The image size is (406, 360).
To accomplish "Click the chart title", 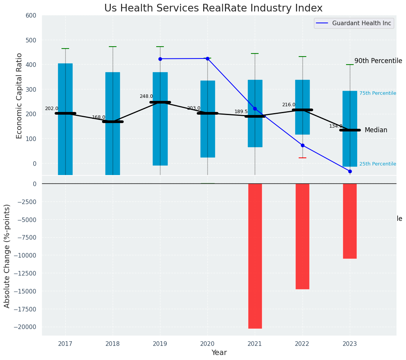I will (x=214, y=8).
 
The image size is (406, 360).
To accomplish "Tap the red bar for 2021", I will (x=255, y=256).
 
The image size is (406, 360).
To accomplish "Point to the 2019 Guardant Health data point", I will (x=160, y=59).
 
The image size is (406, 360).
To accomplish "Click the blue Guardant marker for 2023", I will (x=350, y=171).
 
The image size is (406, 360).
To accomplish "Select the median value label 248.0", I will (x=146, y=97).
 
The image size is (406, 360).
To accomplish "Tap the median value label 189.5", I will (x=241, y=112).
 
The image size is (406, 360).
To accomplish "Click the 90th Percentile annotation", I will (x=378, y=61).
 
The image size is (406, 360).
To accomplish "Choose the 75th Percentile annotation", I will (x=378, y=93).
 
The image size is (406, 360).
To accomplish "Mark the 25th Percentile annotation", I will (x=378, y=164).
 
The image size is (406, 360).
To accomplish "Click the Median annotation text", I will (x=376, y=130).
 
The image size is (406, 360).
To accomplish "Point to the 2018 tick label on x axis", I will (x=113, y=344).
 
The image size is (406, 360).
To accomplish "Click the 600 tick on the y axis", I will (x=31, y=16).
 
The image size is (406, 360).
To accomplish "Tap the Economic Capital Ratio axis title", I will (x=19, y=96).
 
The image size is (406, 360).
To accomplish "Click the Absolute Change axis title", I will (x=7, y=256).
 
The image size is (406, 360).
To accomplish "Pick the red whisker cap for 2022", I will (x=302, y=158).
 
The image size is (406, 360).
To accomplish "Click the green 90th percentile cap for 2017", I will (x=65, y=49).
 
